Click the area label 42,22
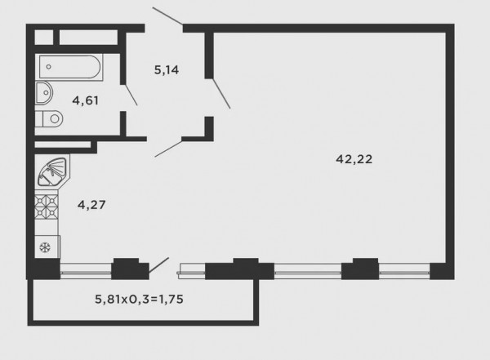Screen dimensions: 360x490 354,160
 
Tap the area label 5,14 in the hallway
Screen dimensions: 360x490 167,70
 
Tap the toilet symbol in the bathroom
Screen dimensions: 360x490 50,118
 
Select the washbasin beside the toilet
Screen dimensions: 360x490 43,92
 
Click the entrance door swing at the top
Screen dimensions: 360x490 167,18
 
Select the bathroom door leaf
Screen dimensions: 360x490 130,96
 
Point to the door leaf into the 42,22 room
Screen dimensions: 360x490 220,92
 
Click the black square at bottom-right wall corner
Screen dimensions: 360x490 439,270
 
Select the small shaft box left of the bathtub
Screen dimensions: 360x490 45,37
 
